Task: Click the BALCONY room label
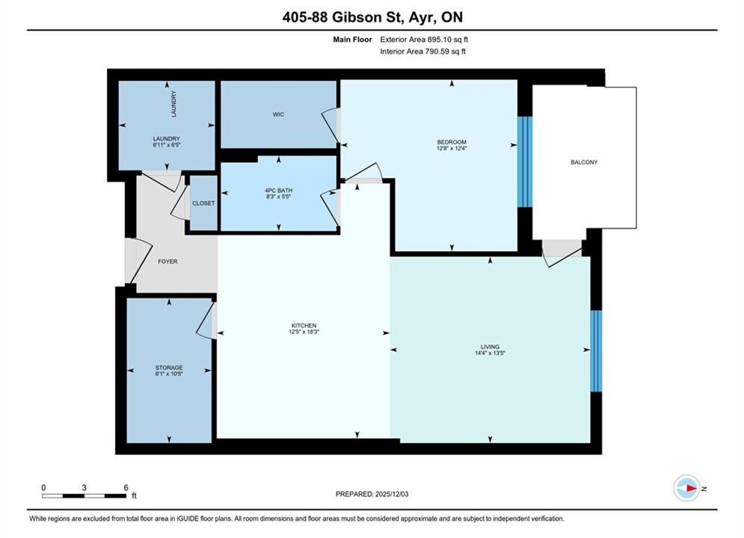(584, 162)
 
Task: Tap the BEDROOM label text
(451, 142)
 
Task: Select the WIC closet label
(278, 114)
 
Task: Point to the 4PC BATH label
(278, 191)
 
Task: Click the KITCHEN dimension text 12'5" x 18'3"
(304, 332)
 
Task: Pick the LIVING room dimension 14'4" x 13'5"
(490, 353)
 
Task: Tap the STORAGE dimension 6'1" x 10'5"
(169, 374)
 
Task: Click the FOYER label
(167, 262)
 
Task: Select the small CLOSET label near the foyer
(203, 203)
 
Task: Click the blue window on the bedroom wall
(525, 161)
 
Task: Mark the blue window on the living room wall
(596, 350)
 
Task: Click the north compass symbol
(687, 488)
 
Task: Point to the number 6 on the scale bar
(126, 487)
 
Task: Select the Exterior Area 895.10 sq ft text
(424, 40)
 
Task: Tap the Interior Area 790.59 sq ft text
(422, 52)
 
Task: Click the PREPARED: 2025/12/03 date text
(372, 494)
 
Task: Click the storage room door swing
(205, 321)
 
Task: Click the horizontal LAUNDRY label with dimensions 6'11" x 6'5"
(167, 142)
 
